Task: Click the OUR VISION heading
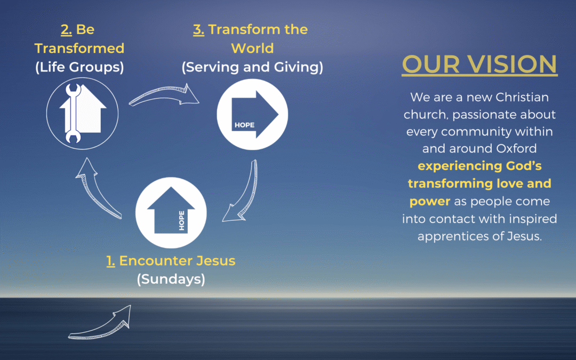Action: pyautogui.click(x=479, y=65)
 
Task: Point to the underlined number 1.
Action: pyautogui.click(x=110, y=261)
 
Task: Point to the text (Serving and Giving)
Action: pyautogui.click(x=252, y=67)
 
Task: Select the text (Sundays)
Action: pyautogui.click(x=171, y=279)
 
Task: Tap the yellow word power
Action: pyautogui.click(x=430, y=201)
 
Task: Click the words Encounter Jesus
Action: pyautogui.click(x=177, y=261)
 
